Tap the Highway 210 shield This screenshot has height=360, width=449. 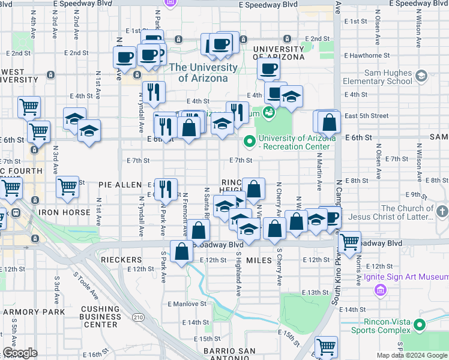click(x=139, y=300)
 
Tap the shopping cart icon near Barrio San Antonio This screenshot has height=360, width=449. click(x=326, y=346)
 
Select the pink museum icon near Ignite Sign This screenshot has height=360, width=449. click(x=379, y=291)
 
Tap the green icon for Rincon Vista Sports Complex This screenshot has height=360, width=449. click(x=419, y=325)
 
